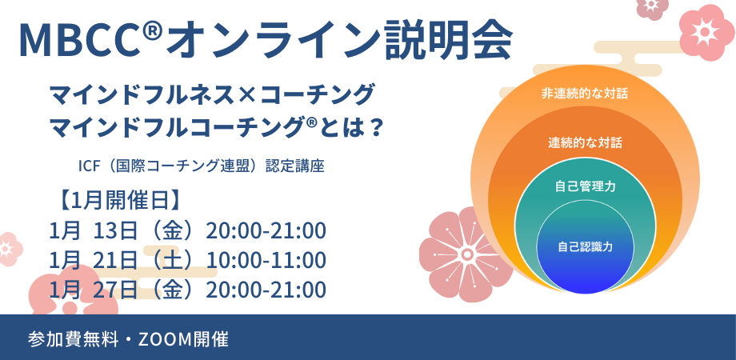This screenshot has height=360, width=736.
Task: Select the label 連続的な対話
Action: click(585, 142)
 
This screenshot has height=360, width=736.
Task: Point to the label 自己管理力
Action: click(585, 187)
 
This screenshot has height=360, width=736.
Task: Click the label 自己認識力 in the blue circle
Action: click(585, 246)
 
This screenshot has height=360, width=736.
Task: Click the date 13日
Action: click(115, 231)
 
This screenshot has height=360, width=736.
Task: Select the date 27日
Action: click(115, 290)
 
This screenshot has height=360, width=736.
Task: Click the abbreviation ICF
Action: click(88, 166)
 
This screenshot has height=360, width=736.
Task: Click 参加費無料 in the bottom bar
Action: click(73, 339)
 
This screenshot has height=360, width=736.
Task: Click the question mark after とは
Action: click(374, 126)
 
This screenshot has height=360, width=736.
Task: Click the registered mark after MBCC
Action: click(155, 31)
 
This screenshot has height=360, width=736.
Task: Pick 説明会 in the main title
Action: click(448, 39)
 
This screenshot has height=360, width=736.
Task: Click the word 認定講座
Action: click(294, 166)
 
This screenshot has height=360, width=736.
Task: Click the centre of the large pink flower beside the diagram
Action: click(466, 254)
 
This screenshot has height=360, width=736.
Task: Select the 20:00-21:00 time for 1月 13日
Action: click(266, 231)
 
